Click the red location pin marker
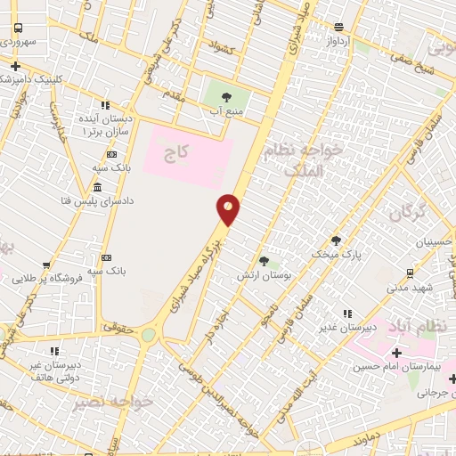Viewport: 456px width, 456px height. [x=228, y=208]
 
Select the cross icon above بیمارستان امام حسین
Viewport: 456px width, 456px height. [x=396, y=354]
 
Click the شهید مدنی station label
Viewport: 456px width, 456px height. [x=409, y=288]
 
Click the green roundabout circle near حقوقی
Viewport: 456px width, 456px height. [x=148, y=335]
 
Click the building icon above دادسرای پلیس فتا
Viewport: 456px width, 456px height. [x=96, y=187]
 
